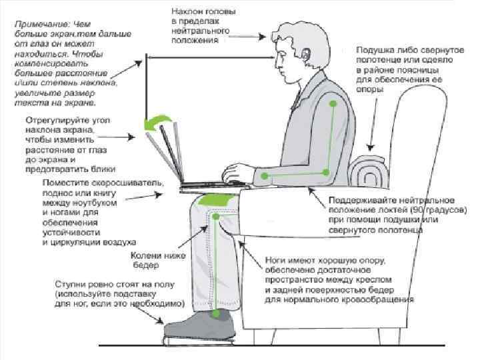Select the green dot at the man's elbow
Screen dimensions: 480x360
click(x=327, y=172)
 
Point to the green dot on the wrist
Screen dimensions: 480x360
click(x=265, y=176)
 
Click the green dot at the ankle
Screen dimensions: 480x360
click(x=215, y=313)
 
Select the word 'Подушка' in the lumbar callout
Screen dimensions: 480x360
click(x=374, y=50)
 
